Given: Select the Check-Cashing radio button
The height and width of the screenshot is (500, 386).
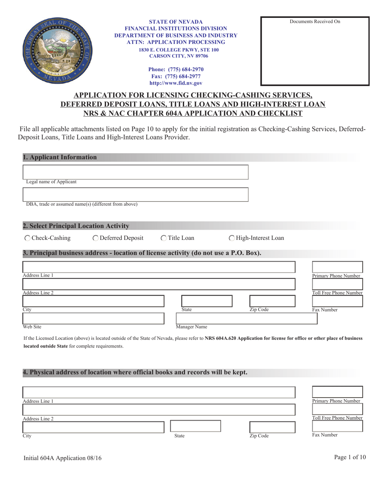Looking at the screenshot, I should point(27,238).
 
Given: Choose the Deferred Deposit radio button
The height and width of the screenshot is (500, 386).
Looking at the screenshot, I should point(95,238).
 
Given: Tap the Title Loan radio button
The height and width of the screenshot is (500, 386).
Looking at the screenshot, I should point(164,238).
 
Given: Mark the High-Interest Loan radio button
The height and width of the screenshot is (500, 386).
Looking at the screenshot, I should point(232,238).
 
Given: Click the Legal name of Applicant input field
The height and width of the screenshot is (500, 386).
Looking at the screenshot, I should point(135,172).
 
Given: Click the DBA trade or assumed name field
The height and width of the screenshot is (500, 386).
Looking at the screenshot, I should point(135,194).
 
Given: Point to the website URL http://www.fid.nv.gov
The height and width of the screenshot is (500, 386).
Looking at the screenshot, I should point(176,83).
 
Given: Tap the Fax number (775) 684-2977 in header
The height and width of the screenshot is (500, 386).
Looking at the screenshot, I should point(176,76).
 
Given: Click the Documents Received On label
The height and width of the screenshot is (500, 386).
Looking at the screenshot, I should point(315,22).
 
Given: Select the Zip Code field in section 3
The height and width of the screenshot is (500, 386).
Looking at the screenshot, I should point(272,301).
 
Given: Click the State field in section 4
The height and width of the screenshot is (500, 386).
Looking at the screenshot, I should point(195,426).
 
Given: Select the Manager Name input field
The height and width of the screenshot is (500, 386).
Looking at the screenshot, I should point(246,318).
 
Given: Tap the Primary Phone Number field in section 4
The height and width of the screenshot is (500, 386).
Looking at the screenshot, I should point(337,392).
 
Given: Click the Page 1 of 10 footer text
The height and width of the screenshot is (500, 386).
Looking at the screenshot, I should point(350,457).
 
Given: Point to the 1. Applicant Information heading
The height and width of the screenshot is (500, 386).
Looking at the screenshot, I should point(60,157).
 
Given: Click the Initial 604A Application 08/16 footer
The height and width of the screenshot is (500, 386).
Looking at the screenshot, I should point(63,458).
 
